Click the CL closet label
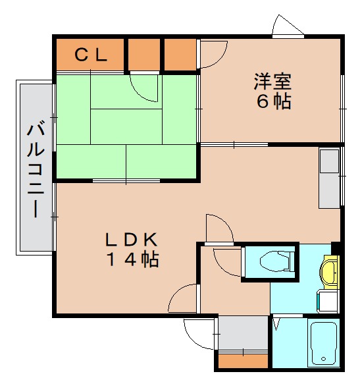(x=90, y=55)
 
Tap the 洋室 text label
(x=272, y=82)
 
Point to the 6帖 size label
(x=272, y=102)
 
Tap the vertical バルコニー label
(x=35, y=168)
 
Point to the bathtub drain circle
(x=322, y=360)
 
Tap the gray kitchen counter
(x=329, y=177)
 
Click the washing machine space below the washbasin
(x=327, y=302)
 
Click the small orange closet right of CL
(x=143, y=55)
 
